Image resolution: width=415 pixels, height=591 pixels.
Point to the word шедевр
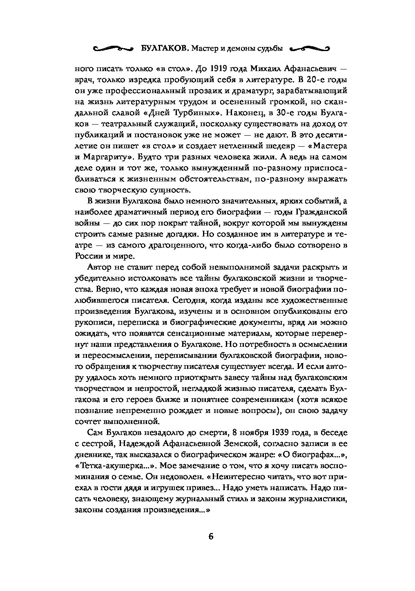[282, 145]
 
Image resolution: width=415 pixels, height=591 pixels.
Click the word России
[87, 256]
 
